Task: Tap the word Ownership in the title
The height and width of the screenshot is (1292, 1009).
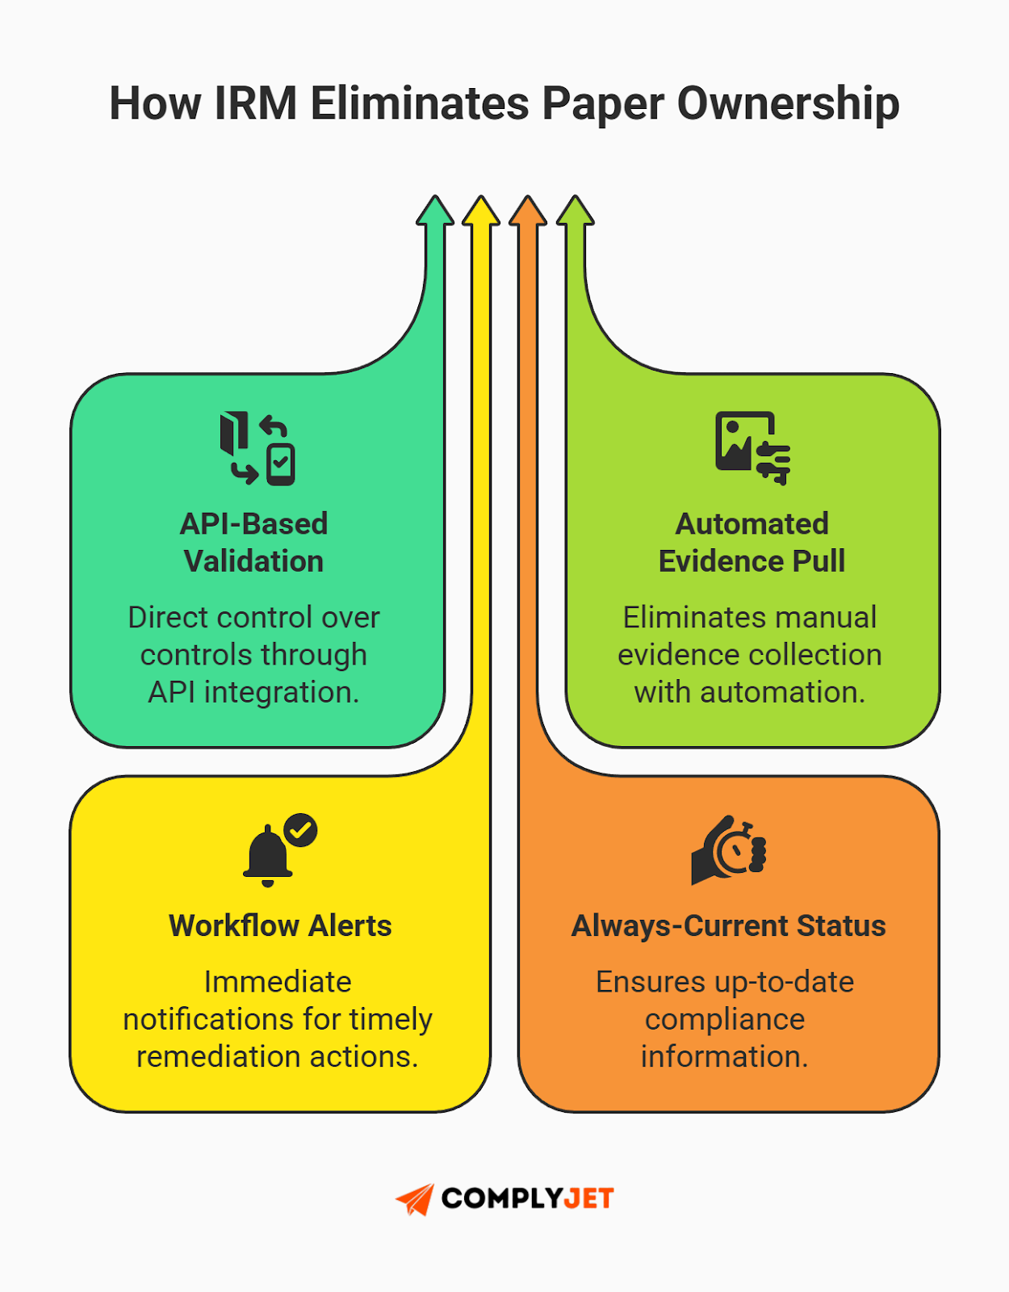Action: pos(788,104)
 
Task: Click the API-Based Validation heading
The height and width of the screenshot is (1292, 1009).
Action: pos(253,542)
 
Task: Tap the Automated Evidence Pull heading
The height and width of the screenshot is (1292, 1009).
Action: pos(752,542)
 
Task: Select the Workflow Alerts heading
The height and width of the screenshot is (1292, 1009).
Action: pos(280,925)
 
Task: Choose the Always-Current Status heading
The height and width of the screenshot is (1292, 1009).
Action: pos(728,925)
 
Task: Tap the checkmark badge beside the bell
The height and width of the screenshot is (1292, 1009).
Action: pos(301,829)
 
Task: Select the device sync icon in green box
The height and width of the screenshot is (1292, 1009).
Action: pos(257,448)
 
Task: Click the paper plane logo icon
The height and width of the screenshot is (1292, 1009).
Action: pos(416,1199)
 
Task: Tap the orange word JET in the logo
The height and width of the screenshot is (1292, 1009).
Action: pos(588,1198)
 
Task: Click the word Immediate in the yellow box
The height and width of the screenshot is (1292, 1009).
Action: pos(278,982)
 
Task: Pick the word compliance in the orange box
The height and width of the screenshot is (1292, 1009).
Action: pos(725,1019)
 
